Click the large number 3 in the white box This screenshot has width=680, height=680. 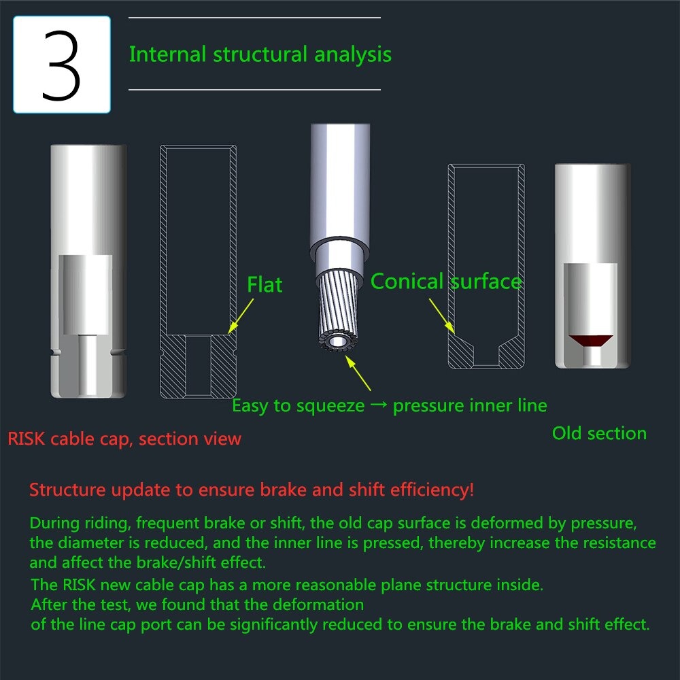click(x=61, y=65)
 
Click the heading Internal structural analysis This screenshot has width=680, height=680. click(x=260, y=54)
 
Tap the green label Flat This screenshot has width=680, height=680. click(x=265, y=285)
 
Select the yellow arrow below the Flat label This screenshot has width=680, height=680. click(x=241, y=316)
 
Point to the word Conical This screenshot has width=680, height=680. click(x=407, y=282)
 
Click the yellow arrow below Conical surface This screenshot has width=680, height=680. click(x=442, y=316)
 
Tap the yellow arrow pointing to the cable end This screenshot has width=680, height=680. click(x=358, y=373)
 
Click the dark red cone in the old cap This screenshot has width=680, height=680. click(x=591, y=341)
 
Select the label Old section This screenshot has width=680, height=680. click(x=599, y=433)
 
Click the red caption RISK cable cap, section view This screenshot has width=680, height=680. click(x=124, y=439)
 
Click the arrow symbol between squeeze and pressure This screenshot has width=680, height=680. click(x=379, y=405)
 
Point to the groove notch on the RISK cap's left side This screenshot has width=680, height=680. click(x=54, y=352)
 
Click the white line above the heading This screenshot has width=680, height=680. click(x=254, y=18)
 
